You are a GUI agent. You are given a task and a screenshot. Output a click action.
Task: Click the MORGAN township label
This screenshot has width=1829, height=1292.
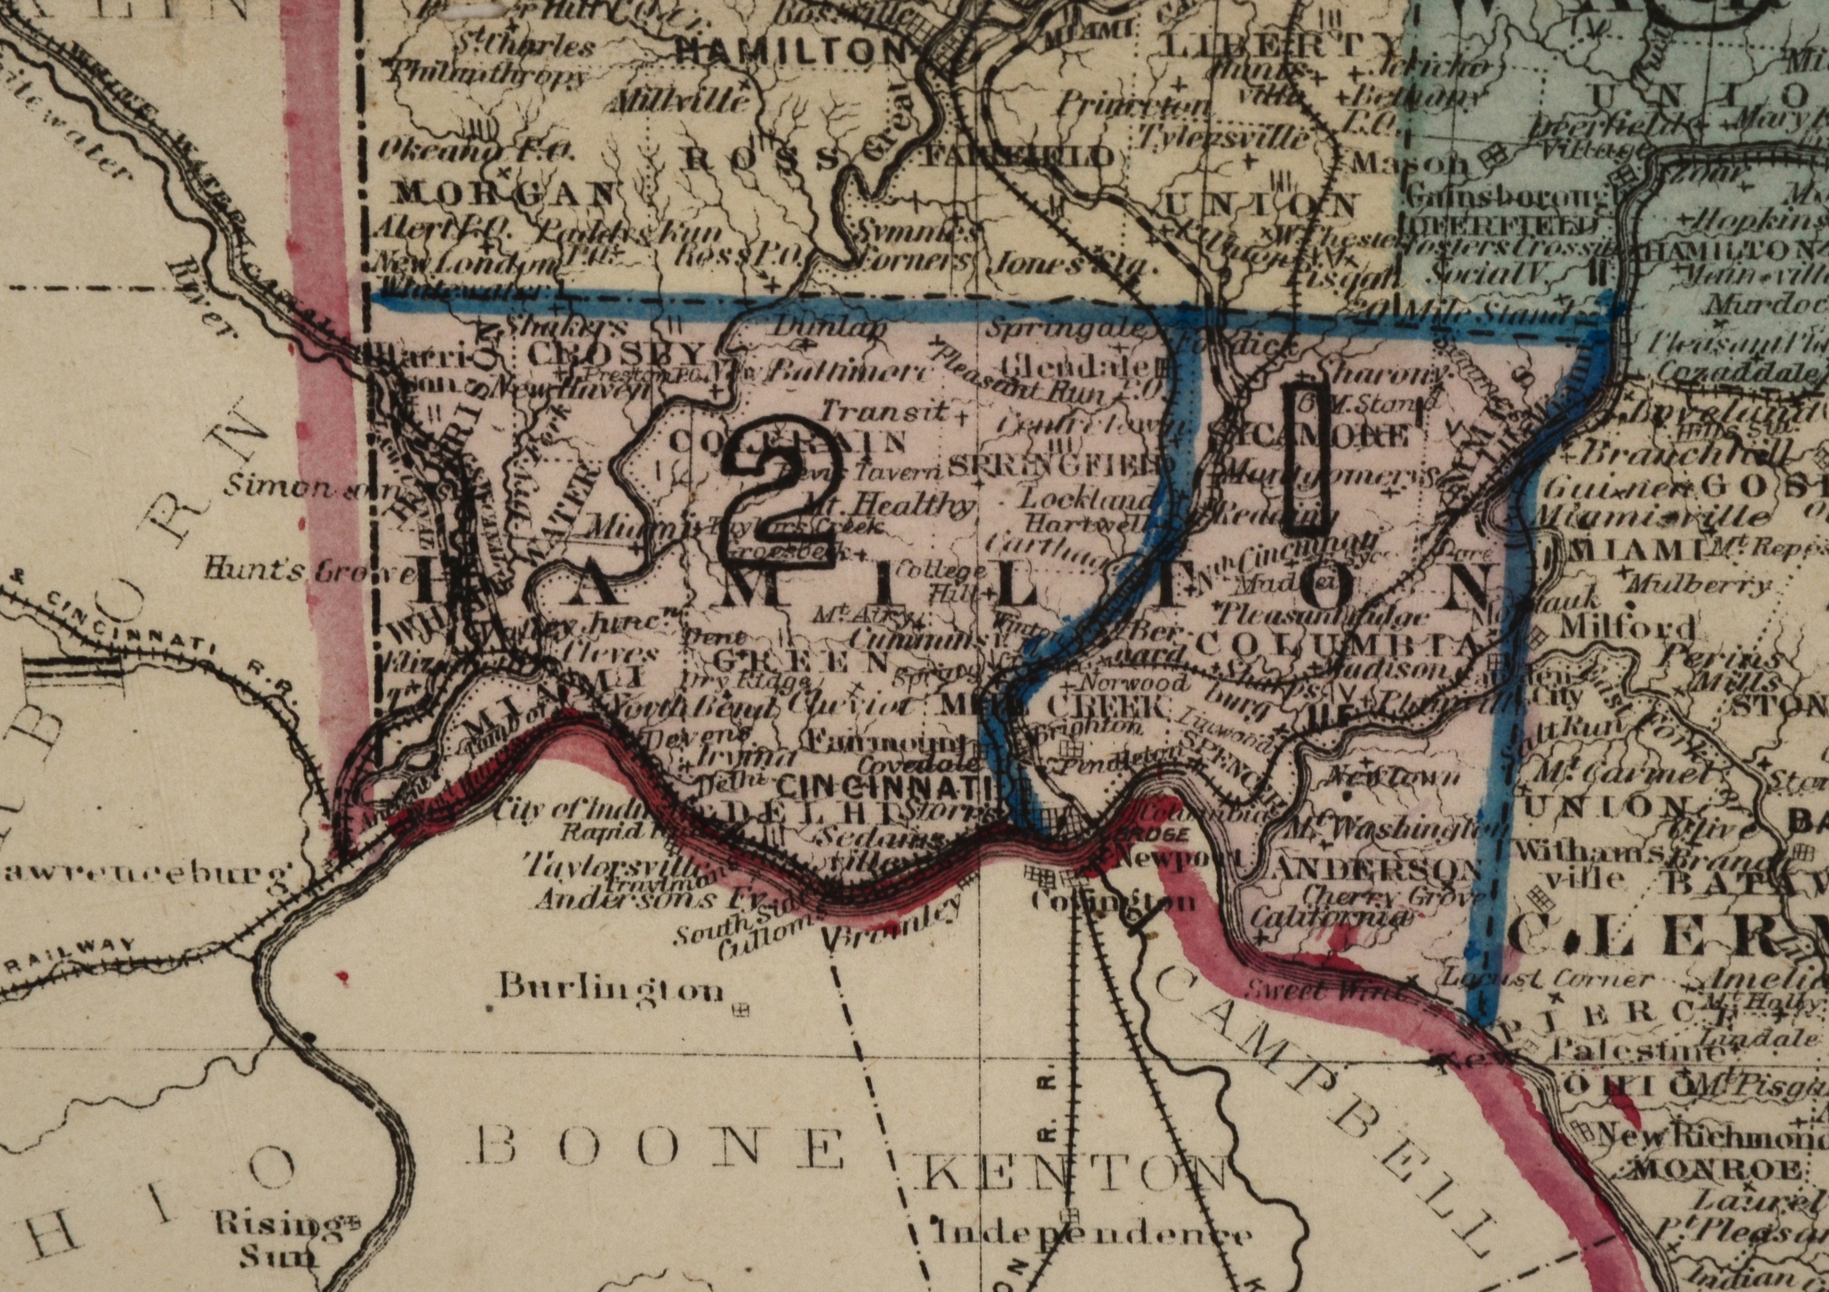click(506, 193)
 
